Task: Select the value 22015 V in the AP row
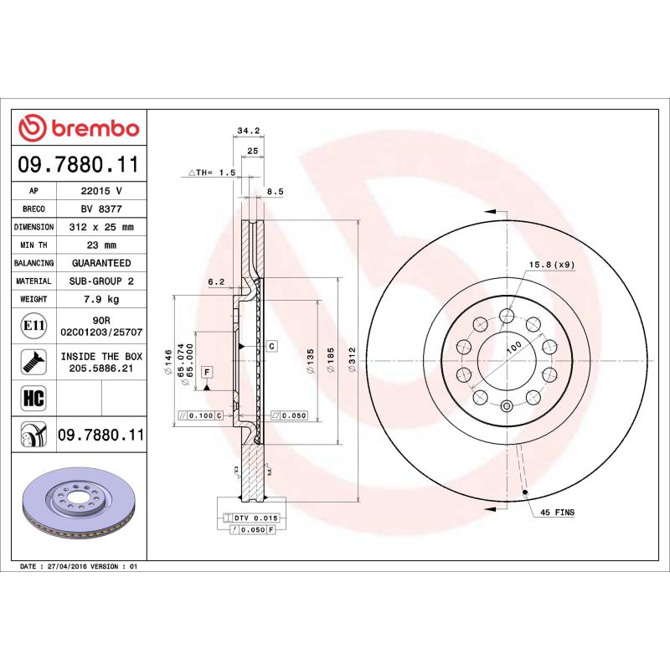click(x=100, y=192)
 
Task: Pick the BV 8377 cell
click(x=100, y=209)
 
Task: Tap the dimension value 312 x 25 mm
click(x=100, y=227)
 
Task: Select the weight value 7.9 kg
click(x=100, y=299)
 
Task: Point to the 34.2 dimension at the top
click(x=246, y=131)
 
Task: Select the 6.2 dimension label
click(x=216, y=282)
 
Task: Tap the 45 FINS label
click(x=557, y=511)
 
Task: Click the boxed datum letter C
click(x=272, y=346)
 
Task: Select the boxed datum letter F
click(x=205, y=371)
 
